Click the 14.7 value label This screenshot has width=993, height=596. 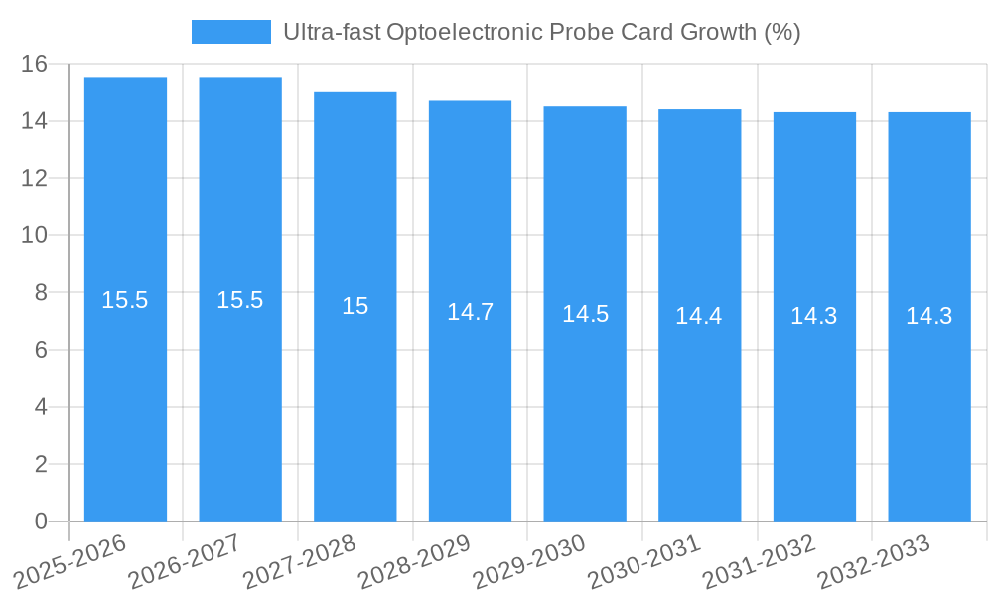click(x=470, y=312)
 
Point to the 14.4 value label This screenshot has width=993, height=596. click(x=699, y=316)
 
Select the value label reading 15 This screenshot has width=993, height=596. click(x=355, y=306)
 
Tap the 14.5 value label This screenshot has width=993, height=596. click(x=585, y=314)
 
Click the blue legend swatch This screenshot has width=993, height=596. click(x=230, y=32)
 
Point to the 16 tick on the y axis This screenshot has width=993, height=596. click(x=34, y=64)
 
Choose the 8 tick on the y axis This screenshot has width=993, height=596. click(x=41, y=293)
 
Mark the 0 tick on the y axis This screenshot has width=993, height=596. click(x=41, y=521)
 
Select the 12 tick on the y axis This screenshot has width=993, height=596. click(x=34, y=179)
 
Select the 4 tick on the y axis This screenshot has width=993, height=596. click(x=41, y=407)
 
